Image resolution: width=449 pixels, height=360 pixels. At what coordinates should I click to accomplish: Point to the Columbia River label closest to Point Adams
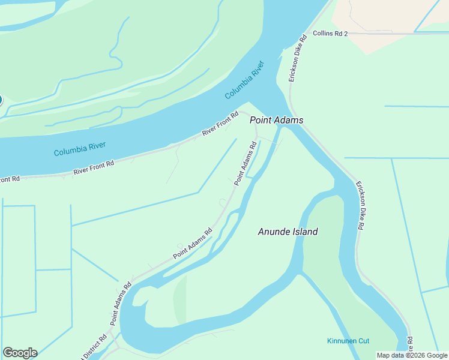(x=245, y=80)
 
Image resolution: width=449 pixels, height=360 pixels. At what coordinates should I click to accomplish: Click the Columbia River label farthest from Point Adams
(x=80, y=149)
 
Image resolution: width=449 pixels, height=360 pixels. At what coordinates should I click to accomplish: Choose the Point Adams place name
(x=276, y=120)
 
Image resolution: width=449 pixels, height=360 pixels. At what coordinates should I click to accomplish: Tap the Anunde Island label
(x=288, y=232)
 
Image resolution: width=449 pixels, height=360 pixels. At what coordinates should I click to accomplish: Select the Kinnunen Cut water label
(x=348, y=341)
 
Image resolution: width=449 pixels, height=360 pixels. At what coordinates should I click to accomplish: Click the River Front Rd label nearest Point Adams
(x=220, y=123)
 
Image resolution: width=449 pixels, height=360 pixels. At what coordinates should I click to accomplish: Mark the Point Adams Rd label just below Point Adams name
(x=246, y=163)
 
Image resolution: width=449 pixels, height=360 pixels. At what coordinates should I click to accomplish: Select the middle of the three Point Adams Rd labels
(x=193, y=244)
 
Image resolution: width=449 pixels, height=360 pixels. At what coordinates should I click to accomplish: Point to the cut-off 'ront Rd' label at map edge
(x=10, y=179)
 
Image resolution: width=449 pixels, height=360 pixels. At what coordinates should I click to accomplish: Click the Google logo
(x=20, y=353)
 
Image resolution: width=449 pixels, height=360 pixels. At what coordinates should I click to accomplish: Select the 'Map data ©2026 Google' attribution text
(x=412, y=355)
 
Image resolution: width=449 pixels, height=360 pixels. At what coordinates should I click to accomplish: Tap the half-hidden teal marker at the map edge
(x=1, y=100)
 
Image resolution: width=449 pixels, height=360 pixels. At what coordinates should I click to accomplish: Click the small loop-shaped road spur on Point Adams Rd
(x=179, y=245)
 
